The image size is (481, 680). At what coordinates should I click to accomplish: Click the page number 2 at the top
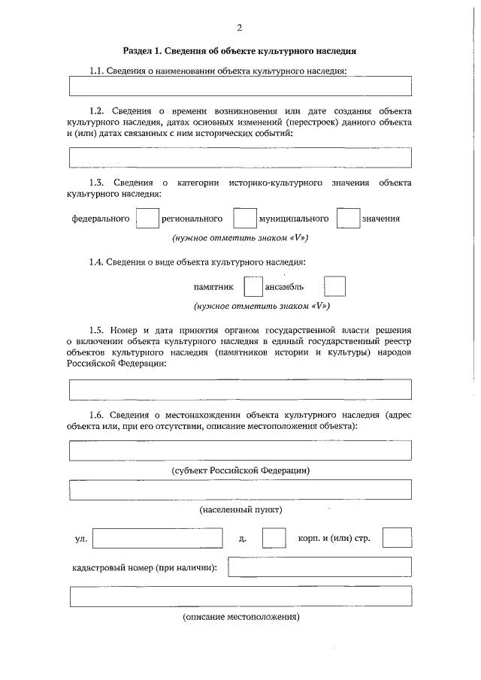click(x=239, y=29)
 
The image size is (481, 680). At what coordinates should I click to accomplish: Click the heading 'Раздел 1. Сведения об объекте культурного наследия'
click(x=239, y=51)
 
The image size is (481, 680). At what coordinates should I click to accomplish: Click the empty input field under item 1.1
click(x=240, y=86)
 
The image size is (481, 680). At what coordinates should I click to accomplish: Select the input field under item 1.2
click(x=240, y=157)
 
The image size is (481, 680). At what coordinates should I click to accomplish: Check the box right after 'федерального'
click(x=147, y=219)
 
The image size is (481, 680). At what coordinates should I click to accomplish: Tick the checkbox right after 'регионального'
click(x=244, y=219)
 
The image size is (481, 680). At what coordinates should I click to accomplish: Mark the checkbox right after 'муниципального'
click(x=347, y=219)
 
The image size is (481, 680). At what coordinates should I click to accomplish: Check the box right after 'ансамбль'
click(x=334, y=287)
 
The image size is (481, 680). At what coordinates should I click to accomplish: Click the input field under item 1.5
click(x=240, y=389)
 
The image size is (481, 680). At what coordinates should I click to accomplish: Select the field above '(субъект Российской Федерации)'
click(x=240, y=450)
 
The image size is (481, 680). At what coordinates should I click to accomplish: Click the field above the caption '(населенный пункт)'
click(x=240, y=490)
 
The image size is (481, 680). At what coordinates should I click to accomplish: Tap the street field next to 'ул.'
click(x=157, y=539)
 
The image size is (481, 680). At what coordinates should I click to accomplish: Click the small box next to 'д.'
click(x=274, y=539)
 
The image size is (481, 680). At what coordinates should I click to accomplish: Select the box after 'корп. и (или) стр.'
click(x=397, y=538)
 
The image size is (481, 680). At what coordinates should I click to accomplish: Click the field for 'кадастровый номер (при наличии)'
click(x=319, y=567)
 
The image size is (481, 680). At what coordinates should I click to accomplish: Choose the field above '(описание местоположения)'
click(x=240, y=597)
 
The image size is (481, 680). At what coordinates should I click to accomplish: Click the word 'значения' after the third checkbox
click(x=380, y=219)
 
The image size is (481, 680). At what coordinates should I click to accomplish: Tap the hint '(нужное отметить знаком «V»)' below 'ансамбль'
click(x=261, y=306)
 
